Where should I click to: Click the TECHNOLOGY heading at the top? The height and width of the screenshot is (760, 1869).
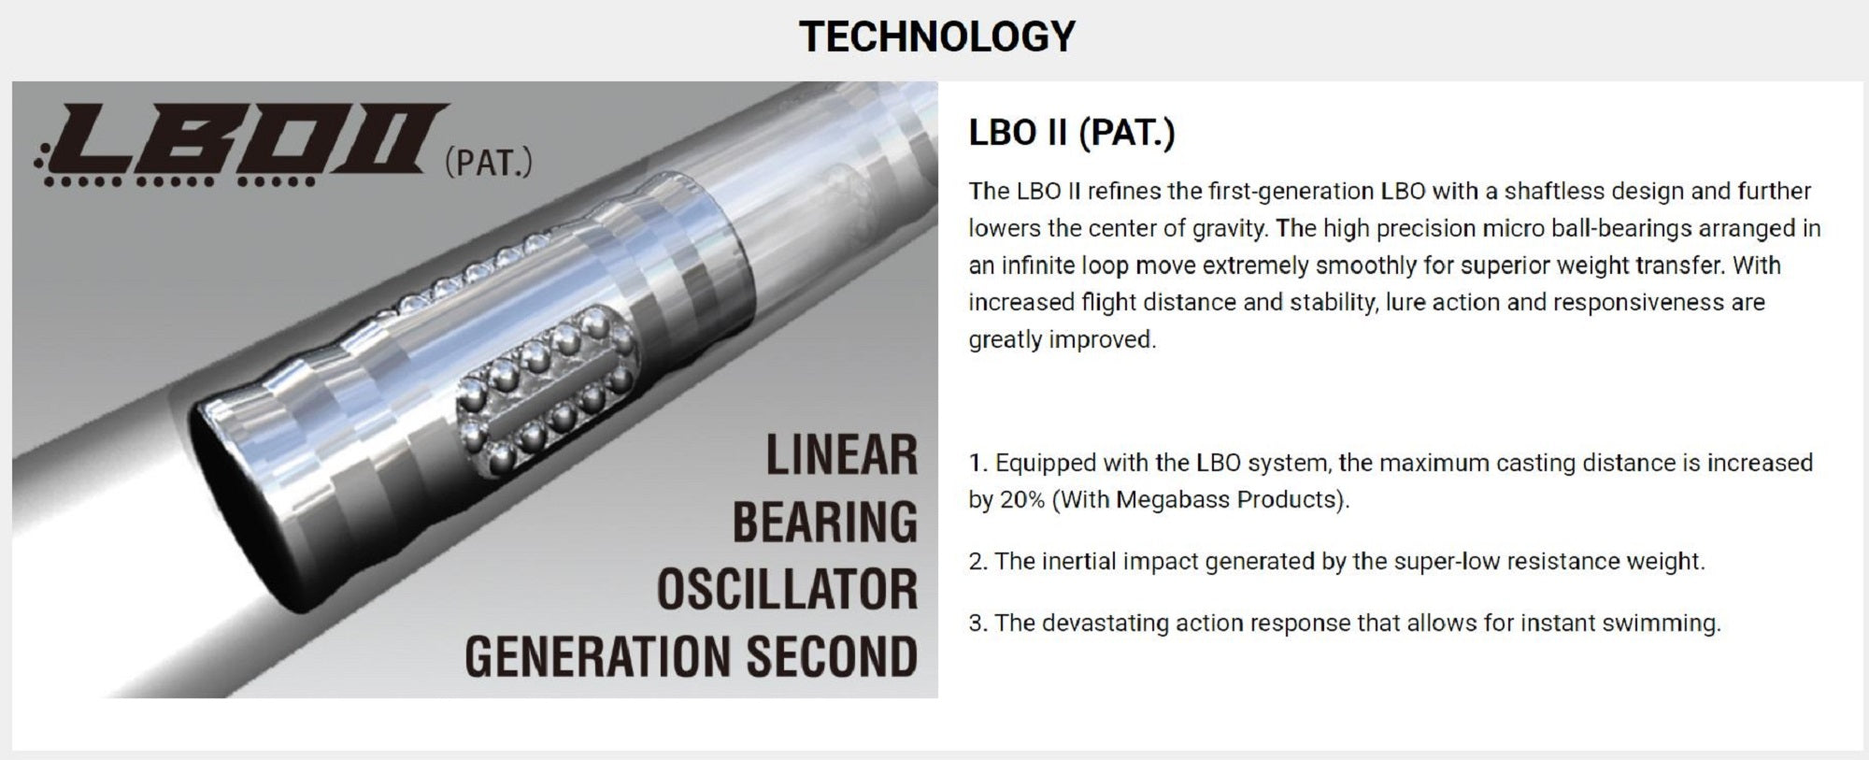point(937,36)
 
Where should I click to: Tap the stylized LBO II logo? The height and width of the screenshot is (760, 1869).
point(241,144)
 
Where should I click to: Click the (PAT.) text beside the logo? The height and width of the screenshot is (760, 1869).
point(489,162)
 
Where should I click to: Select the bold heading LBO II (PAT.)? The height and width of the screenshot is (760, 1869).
point(1071,133)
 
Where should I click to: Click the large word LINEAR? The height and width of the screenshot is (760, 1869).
point(842,455)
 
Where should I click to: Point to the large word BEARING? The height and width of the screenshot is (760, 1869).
point(825,522)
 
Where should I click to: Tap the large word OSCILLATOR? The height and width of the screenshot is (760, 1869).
point(788,589)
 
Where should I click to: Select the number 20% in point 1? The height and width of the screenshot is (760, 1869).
point(1022,500)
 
